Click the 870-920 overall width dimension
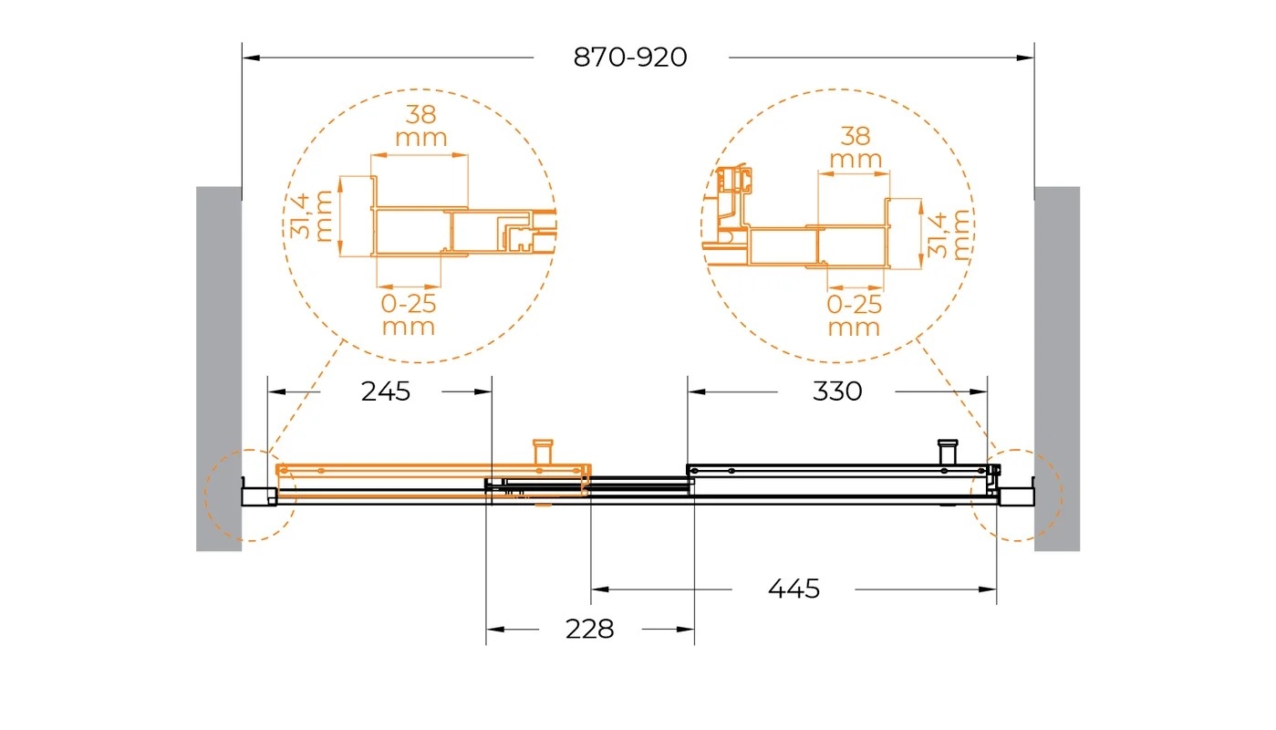[630, 57]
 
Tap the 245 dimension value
[386, 391]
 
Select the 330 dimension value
[836, 391]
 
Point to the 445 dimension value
[794, 589]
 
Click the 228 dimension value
[589, 629]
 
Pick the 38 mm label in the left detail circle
[421, 126]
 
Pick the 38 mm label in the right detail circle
[856, 148]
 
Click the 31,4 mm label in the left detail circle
[312, 216]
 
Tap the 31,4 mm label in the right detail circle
[948, 235]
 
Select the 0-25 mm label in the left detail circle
[409, 315]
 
